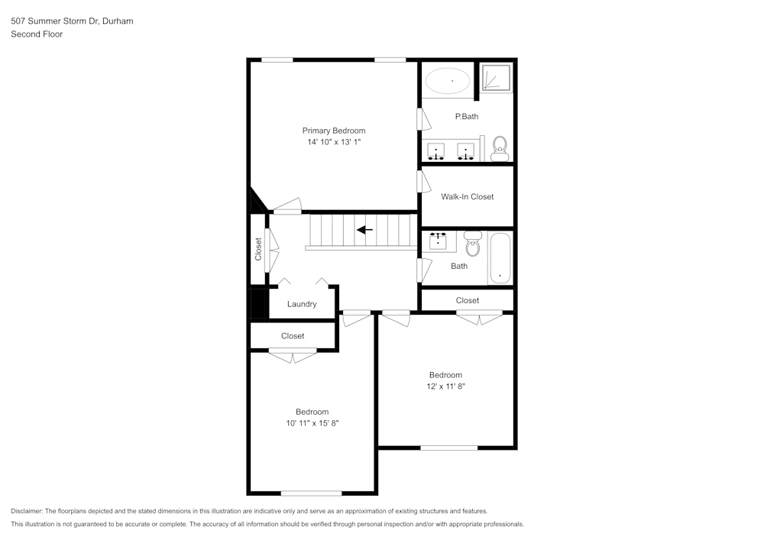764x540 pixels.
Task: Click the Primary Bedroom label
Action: pyautogui.click(x=333, y=131)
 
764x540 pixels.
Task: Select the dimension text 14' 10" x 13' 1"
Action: pyautogui.click(x=333, y=142)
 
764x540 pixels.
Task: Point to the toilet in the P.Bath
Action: pyautogui.click(x=500, y=147)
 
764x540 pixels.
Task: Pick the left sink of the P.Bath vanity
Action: pyautogui.click(x=437, y=150)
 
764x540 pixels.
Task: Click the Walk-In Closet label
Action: pyautogui.click(x=467, y=196)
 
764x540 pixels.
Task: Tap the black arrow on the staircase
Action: pyautogui.click(x=364, y=229)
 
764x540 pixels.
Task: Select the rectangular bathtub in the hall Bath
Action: pyautogui.click(x=500, y=258)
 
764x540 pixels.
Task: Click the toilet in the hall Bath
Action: pyautogui.click(x=472, y=245)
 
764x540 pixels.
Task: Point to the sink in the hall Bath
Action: pyautogui.click(x=439, y=241)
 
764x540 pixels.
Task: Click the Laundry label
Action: pyautogui.click(x=302, y=304)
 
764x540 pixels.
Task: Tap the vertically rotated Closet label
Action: pyautogui.click(x=258, y=249)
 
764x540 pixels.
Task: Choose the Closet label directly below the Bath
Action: pyautogui.click(x=467, y=300)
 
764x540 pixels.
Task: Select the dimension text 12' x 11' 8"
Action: pyautogui.click(x=445, y=386)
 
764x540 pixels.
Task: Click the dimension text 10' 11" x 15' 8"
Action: pyautogui.click(x=312, y=423)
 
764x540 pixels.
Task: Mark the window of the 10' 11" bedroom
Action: pyautogui.click(x=311, y=493)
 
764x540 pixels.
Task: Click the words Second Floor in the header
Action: pyautogui.click(x=37, y=34)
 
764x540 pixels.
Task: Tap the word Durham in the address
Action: pyautogui.click(x=118, y=21)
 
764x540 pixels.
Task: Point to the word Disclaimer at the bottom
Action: pyautogui.click(x=27, y=511)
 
